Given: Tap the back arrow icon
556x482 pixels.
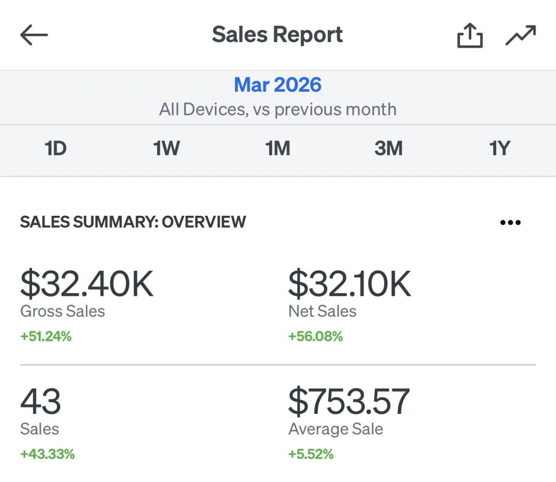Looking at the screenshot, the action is (34, 35).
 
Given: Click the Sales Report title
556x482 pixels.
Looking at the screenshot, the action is (277, 34).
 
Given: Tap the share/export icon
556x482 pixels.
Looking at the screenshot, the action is (470, 36).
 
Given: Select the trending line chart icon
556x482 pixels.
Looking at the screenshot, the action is (521, 35).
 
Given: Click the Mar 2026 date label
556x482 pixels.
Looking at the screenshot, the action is (278, 85).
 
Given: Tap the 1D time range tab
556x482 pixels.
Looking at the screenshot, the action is (56, 148).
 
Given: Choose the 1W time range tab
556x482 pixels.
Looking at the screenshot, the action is (167, 148).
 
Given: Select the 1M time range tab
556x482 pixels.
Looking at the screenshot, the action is (278, 148).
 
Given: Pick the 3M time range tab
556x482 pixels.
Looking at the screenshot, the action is (389, 148).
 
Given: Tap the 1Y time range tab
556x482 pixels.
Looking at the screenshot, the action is (499, 148).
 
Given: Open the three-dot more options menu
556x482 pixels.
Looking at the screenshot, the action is (510, 223).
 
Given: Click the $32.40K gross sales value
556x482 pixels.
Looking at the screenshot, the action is (87, 283).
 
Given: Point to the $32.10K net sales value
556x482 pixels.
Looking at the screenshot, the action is (349, 283).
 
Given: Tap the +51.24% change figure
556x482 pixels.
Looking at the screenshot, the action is (46, 336).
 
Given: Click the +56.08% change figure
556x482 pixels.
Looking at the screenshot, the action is (316, 336).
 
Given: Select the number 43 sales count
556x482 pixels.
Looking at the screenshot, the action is (40, 401).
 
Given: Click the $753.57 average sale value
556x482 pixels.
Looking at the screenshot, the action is (349, 401).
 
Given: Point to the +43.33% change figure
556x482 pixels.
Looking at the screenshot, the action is (48, 454).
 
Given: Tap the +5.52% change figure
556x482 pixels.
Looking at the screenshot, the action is (311, 454).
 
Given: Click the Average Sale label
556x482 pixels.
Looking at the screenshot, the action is (335, 429).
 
